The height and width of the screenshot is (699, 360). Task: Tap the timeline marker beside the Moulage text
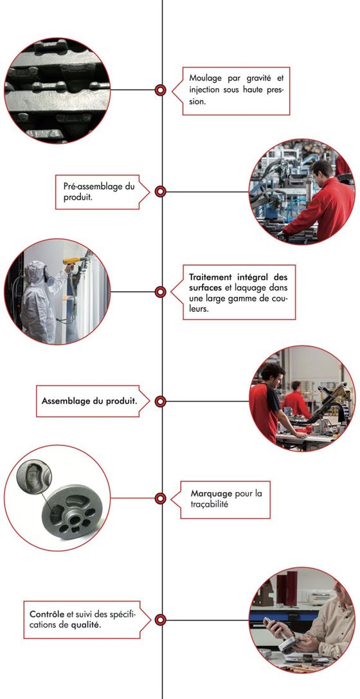click(161, 90)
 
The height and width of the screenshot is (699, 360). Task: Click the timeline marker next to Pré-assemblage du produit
click(161, 191)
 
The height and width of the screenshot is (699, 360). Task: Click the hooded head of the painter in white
click(38, 271)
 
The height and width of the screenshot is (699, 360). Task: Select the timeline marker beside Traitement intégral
click(161, 292)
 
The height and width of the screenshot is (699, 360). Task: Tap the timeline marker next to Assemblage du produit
click(161, 401)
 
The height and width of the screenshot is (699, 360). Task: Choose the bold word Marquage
click(211, 494)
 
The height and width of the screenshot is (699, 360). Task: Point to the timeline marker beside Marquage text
click(161, 498)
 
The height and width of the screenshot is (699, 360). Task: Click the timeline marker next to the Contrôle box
click(161, 620)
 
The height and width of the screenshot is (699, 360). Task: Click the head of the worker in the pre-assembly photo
click(322, 170)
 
